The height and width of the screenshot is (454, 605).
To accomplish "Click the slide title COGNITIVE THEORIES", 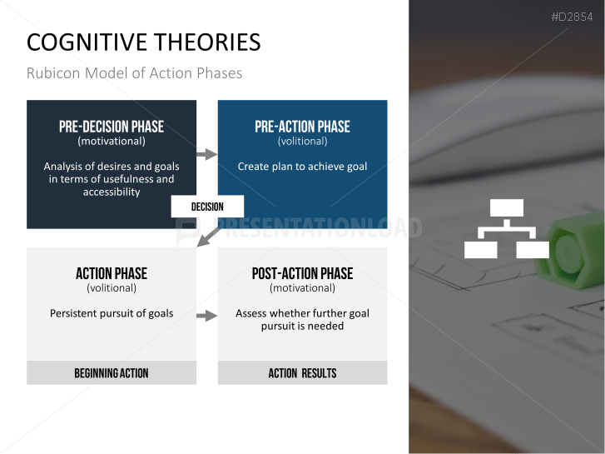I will point(143,42).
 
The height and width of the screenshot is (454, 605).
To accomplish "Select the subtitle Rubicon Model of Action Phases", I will point(134,73).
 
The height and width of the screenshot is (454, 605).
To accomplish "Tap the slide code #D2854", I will point(573,17).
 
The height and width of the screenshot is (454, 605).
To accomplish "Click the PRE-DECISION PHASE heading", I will point(112,127).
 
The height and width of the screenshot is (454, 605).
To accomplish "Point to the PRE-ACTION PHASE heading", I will point(302,127).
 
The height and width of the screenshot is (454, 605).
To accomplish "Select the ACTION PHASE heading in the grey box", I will point(112,273).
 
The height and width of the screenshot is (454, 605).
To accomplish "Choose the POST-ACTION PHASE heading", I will point(302,273).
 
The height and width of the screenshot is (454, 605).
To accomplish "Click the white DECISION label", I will point(207,207).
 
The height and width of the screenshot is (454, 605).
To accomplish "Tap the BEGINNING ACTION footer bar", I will point(112,373).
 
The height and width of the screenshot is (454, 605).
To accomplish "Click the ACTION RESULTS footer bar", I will point(302,373).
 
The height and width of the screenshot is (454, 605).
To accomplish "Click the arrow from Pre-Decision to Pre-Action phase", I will point(206,154).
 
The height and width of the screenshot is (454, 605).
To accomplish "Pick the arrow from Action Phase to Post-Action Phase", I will point(206,315).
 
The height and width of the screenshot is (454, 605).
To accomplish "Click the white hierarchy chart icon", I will point(506,229).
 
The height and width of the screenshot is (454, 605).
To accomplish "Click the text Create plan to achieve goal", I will point(302,167).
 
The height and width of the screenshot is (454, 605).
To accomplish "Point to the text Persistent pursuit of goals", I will point(112,313).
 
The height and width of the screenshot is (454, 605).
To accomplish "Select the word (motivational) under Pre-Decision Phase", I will point(112,142).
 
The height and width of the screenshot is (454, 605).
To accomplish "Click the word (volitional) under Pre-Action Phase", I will point(302,142).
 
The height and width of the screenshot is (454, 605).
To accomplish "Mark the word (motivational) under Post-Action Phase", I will point(302,288).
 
